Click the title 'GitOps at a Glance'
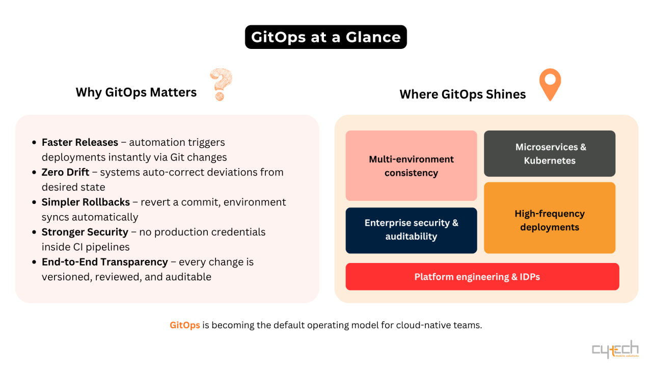tap(325, 37)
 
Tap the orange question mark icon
tap(221, 85)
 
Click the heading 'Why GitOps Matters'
tap(136, 92)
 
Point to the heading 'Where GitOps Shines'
tap(463, 94)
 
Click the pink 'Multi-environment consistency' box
tap(411, 166)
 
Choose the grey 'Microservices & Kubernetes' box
tap(550, 153)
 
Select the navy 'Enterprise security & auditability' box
tap(411, 230)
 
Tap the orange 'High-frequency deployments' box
tap(550, 220)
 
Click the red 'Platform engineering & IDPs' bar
tap(482, 277)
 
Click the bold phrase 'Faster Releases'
tap(80, 142)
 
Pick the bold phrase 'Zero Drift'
tap(65, 172)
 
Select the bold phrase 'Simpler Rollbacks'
tap(86, 202)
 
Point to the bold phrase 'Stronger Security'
tap(85, 232)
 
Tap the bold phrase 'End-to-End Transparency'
tap(104, 262)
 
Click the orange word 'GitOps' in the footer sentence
tap(185, 325)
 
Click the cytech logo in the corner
tap(615, 349)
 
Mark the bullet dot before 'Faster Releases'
tap(34, 143)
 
